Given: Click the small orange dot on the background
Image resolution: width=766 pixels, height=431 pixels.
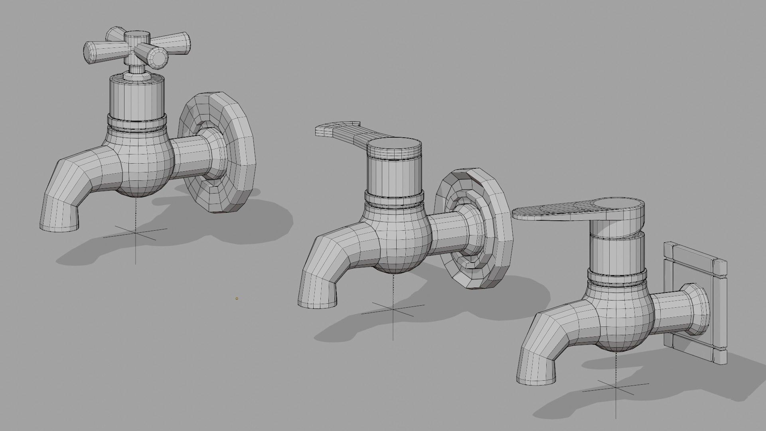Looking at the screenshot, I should coord(237,298).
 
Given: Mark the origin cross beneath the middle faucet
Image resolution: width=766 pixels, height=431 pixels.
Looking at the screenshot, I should coord(393,309).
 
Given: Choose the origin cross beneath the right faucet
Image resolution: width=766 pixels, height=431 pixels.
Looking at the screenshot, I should coord(616,389).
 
